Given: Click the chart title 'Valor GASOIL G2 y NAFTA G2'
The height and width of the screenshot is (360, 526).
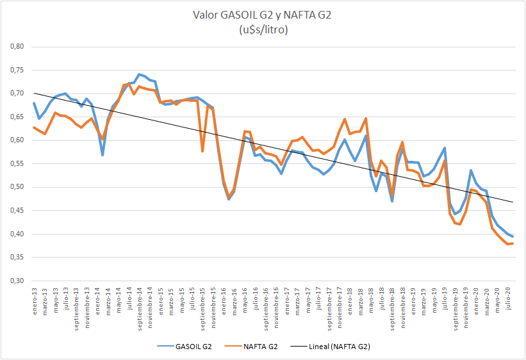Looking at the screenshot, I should (x=263, y=15).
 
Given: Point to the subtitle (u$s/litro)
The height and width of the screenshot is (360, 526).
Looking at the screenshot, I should (x=263, y=29).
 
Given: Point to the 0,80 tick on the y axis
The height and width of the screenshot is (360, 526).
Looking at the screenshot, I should (x=15, y=47).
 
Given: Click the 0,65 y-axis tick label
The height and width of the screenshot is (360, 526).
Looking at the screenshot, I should (x=15, y=117).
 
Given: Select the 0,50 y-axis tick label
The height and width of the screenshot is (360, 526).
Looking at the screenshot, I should (x=15, y=187).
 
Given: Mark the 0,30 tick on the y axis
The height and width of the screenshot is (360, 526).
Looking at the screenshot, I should (x=15, y=281).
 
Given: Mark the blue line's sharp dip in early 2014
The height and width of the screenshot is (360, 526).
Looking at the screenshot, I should (x=103, y=155).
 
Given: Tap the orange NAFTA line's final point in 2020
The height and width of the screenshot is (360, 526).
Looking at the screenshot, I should (x=514, y=243).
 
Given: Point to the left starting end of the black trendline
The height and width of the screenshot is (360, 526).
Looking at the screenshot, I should (x=34, y=94).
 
